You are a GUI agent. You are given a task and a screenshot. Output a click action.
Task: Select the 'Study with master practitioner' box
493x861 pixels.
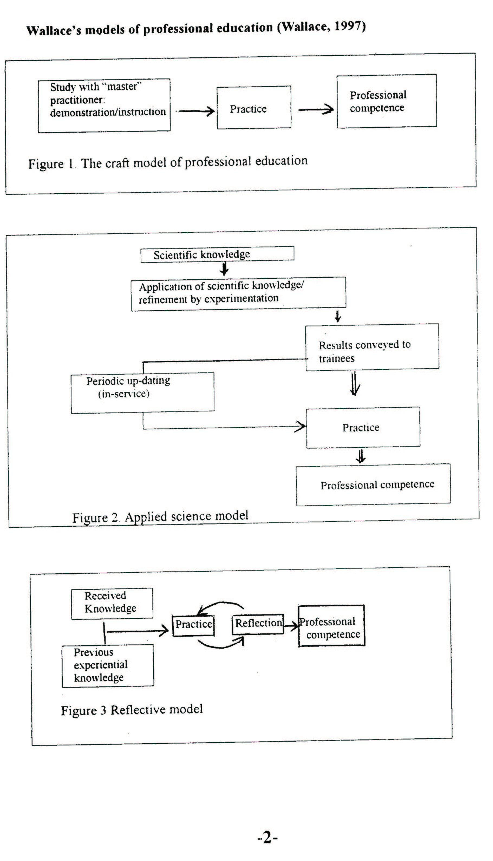click(104, 105)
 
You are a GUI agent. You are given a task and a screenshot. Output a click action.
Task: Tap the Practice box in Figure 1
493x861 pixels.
click(254, 107)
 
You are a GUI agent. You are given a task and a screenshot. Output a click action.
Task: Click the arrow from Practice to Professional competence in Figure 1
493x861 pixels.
click(316, 109)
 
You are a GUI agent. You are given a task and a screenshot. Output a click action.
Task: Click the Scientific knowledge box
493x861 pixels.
click(217, 254)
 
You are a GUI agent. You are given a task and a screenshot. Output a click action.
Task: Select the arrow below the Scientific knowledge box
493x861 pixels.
click(224, 269)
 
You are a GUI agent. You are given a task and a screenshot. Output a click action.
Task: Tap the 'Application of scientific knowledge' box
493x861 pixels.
click(238, 293)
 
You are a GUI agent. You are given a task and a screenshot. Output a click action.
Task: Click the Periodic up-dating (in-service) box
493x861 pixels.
click(143, 392)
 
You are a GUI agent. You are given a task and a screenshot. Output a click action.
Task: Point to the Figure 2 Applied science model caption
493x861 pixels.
click(160, 516)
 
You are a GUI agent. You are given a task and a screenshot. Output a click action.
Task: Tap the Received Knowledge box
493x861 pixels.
click(112, 603)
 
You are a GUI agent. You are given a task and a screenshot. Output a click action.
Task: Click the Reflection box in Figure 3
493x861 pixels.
click(258, 624)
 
